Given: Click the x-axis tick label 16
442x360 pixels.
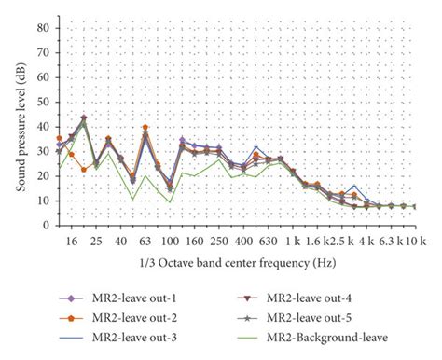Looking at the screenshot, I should [72, 242].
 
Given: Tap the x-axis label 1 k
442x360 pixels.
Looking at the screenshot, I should [292, 242].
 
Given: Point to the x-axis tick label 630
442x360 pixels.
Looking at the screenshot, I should [268, 242].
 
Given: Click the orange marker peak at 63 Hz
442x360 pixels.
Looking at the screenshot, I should [145, 127].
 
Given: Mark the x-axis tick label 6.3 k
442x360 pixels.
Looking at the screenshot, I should [390, 242].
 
